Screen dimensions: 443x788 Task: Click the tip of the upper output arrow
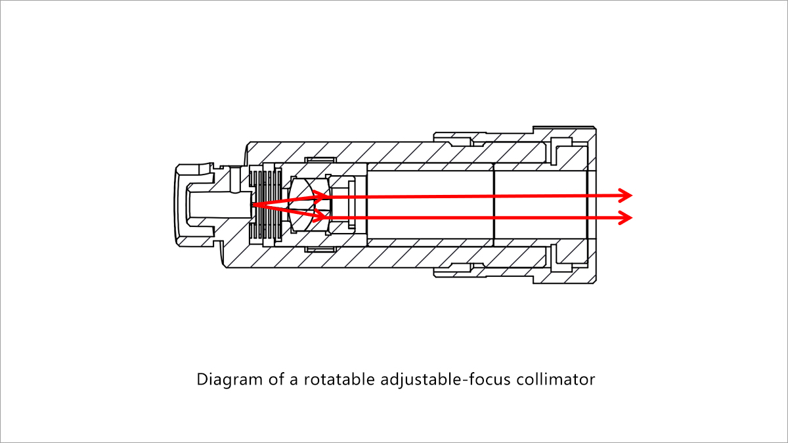[631, 195]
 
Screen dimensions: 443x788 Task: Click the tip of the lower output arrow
[631, 217]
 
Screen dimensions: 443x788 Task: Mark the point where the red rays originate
[253, 205]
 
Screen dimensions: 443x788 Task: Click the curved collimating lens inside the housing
[303, 204]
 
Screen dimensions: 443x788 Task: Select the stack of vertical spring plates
[267, 205]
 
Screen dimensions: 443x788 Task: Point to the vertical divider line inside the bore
[493, 205]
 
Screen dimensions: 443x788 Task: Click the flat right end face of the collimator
[595, 205]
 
